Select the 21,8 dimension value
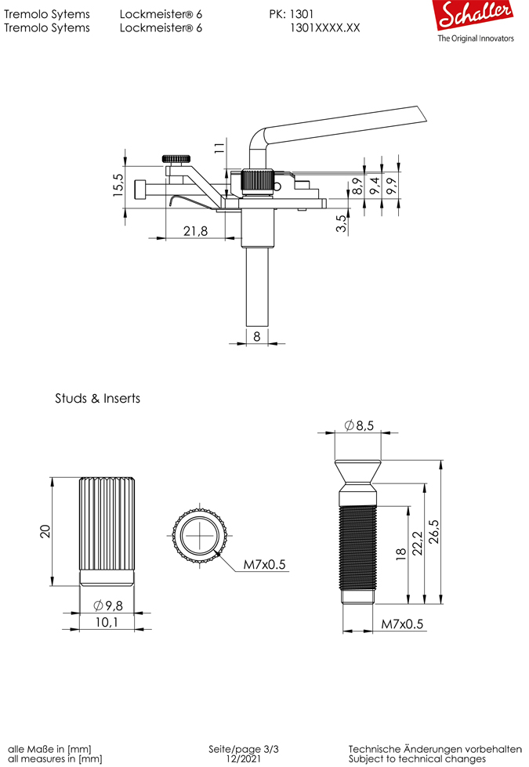[x=195, y=230]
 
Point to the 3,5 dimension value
[x=340, y=223]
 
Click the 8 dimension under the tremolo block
[x=257, y=335]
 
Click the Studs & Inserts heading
[x=97, y=398]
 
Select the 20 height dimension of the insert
[x=45, y=531]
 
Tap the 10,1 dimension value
[x=107, y=623]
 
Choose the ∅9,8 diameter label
[x=107, y=606]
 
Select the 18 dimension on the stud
[x=400, y=554]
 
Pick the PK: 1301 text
[x=292, y=14]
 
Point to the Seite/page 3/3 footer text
[x=243, y=749]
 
